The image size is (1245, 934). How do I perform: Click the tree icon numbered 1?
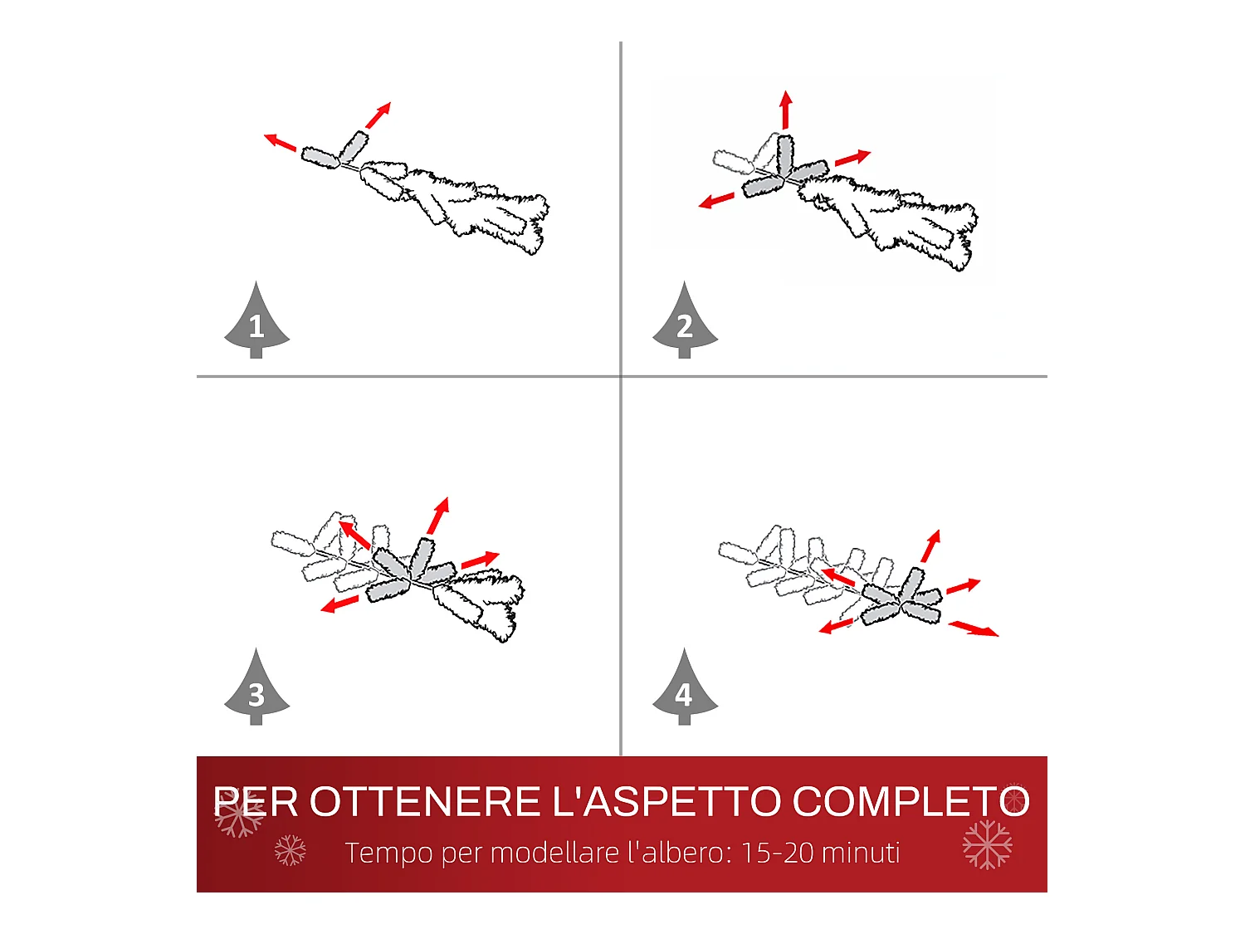tap(256, 322)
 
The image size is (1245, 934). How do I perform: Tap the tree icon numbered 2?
tap(685, 322)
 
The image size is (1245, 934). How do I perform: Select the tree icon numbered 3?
tap(256, 689)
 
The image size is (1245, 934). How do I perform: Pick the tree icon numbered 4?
tap(685, 689)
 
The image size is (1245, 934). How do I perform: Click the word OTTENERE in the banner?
tap(425, 802)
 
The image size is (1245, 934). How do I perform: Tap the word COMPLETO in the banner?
tap(911, 802)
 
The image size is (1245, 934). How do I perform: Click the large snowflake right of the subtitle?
tap(987, 844)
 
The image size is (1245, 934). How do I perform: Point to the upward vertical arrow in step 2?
tap(785, 110)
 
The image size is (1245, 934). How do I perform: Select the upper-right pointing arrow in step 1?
tap(378, 115)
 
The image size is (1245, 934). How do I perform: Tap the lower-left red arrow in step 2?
tap(716, 200)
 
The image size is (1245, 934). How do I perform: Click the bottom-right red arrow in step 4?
tap(974, 628)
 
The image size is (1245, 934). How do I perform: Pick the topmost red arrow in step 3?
tap(438, 516)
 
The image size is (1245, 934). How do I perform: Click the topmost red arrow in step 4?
tap(930, 545)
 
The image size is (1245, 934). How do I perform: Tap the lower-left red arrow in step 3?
tap(340, 604)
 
